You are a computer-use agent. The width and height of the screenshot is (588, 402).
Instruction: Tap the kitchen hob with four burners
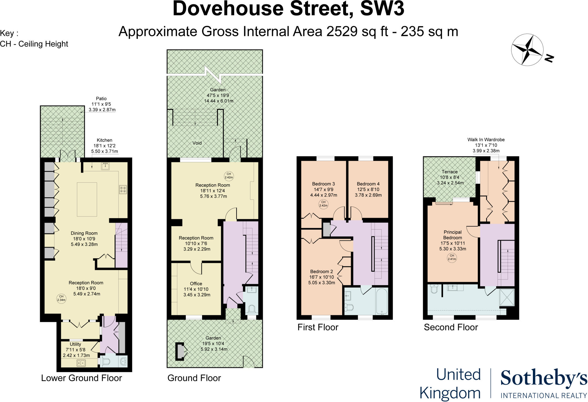click(x=123, y=190)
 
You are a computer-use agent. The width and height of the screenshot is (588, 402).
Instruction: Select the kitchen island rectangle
click(x=87, y=199)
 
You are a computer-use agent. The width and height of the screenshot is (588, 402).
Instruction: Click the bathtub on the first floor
click(x=381, y=302)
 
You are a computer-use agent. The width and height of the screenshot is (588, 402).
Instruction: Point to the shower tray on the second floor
click(x=507, y=298)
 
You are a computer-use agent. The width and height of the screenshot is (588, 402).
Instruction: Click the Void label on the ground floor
click(x=197, y=143)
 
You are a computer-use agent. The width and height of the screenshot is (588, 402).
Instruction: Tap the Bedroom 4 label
click(x=368, y=184)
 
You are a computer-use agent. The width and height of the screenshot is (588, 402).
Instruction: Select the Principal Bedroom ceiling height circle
click(x=452, y=257)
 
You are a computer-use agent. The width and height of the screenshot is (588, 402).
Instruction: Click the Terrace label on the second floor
click(x=450, y=172)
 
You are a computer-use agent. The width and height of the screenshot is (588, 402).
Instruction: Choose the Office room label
click(x=196, y=284)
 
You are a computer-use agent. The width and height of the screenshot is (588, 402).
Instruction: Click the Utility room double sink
click(x=81, y=363)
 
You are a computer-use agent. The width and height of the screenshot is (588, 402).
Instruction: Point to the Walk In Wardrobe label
click(x=486, y=140)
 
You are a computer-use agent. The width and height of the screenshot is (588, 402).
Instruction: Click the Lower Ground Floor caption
click(x=82, y=378)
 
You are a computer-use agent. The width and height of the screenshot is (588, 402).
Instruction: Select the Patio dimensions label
click(x=102, y=104)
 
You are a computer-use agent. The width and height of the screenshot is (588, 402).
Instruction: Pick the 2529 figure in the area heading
click(x=342, y=32)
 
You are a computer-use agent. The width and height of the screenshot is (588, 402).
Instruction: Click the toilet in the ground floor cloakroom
click(x=252, y=309)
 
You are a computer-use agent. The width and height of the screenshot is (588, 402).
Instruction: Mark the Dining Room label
click(x=84, y=233)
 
